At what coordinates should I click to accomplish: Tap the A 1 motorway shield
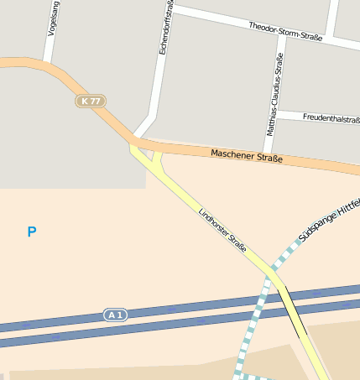click(115, 315)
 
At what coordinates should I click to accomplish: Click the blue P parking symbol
click(32, 232)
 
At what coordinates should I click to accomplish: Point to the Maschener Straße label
click(246, 156)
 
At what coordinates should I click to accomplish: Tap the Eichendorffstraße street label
click(165, 29)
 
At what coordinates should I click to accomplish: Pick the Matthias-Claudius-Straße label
click(273, 94)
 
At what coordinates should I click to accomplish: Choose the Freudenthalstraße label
click(331, 119)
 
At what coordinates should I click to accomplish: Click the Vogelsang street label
click(54, 19)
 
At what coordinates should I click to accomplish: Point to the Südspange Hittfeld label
click(329, 219)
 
